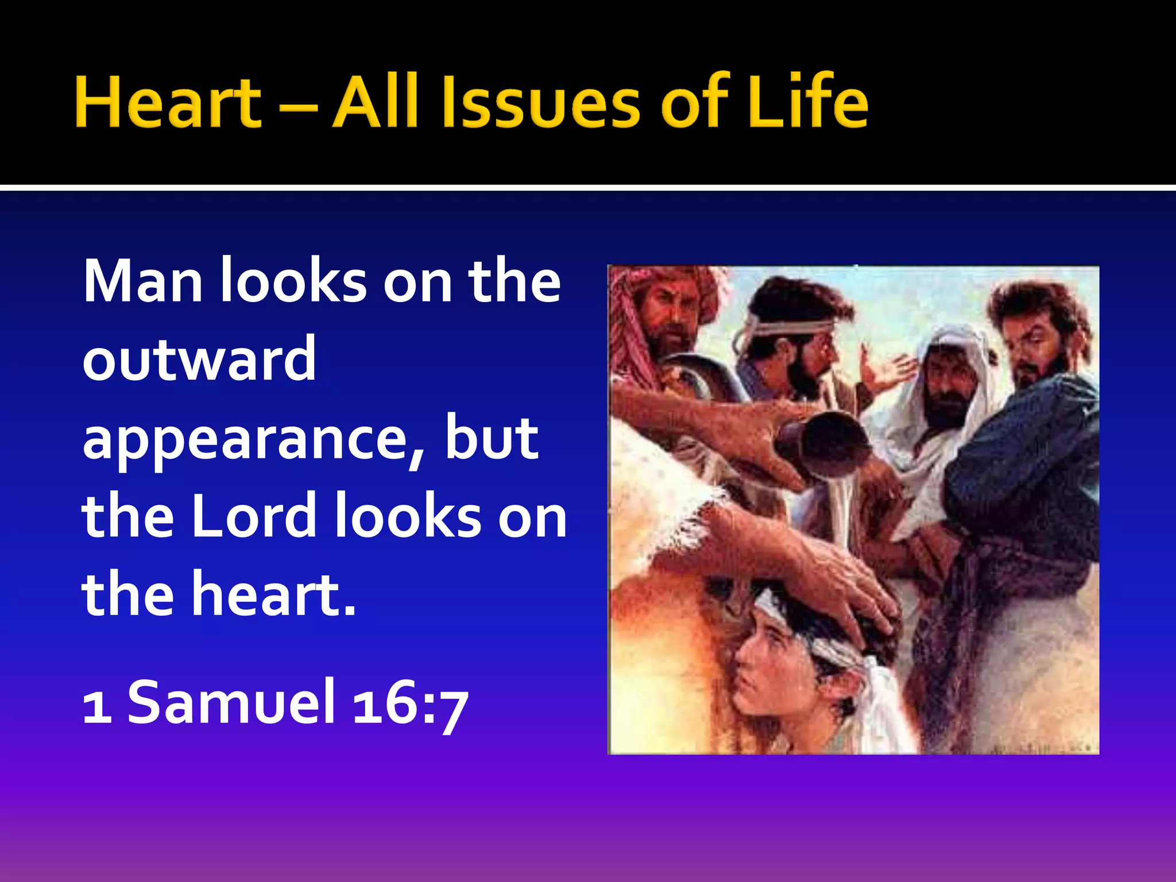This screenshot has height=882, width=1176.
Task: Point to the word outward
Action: coord(199,359)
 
